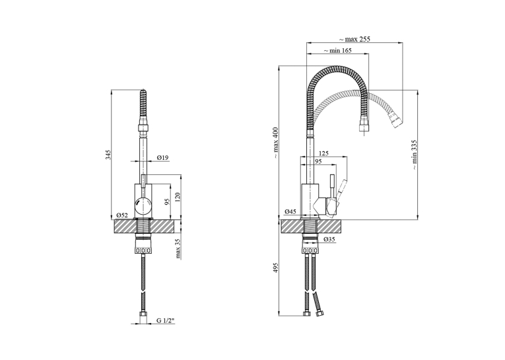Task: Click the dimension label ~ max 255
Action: click(x=354, y=40)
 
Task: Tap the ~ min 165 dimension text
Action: click(x=337, y=51)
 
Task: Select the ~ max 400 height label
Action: click(x=276, y=143)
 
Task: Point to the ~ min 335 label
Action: click(x=414, y=155)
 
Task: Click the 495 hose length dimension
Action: click(x=276, y=268)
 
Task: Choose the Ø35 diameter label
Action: click(x=329, y=240)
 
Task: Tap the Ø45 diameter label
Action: click(x=290, y=212)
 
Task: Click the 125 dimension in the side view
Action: click(x=323, y=153)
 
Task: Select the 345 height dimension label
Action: click(x=108, y=155)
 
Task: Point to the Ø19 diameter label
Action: click(x=162, y=158)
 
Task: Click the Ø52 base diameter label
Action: click(x=122, y=215)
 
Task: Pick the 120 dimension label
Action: click(x=178, y=197)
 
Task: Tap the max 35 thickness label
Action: click(x=178, y=248)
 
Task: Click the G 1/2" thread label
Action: click(x=165, y=320)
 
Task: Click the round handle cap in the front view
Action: click(x=143, y=207)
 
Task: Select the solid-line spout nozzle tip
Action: click(x=364, y=126)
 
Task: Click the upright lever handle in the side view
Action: click(x=332, y=186)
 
